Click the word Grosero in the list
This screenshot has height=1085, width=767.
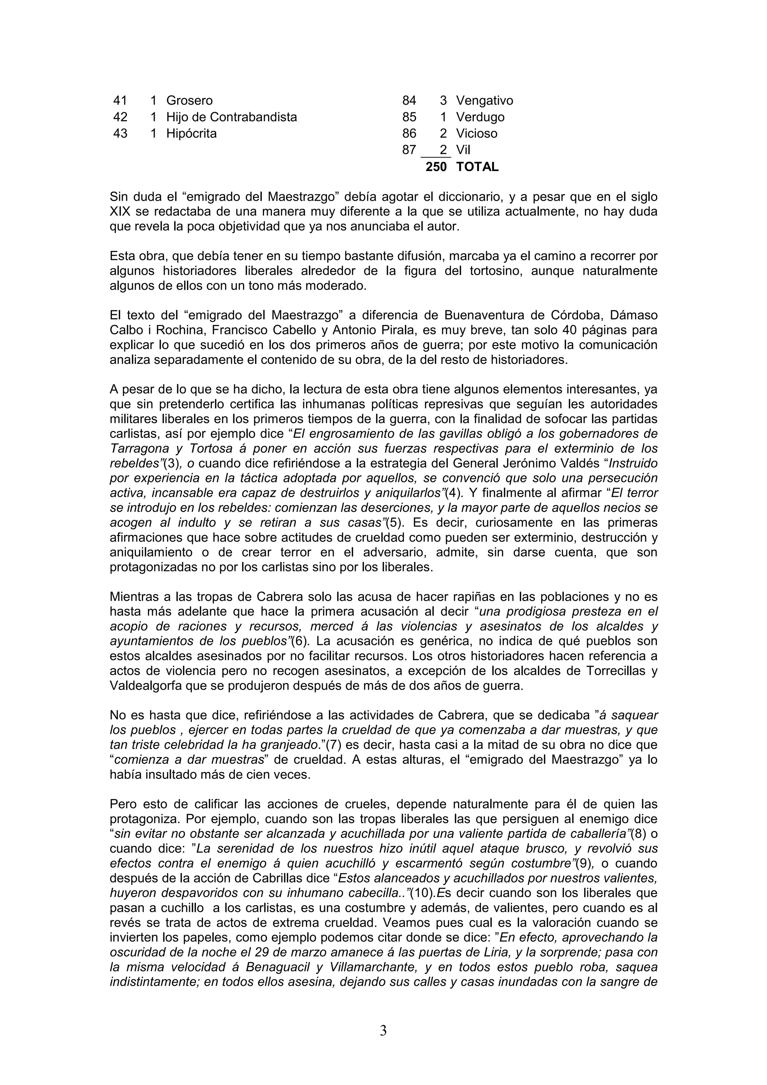[189, 101]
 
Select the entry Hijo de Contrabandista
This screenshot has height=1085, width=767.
[231, 117]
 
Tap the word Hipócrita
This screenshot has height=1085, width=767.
[191, 134]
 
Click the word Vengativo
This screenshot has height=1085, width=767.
[484, 101]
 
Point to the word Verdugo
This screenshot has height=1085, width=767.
[480, 117]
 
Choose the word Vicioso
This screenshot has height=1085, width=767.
[476, 134]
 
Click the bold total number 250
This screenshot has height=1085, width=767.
[436, 167]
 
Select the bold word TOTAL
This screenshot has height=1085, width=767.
[477, 167]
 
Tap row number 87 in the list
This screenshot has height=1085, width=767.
[409, 150]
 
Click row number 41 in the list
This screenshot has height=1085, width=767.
[120, 101]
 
